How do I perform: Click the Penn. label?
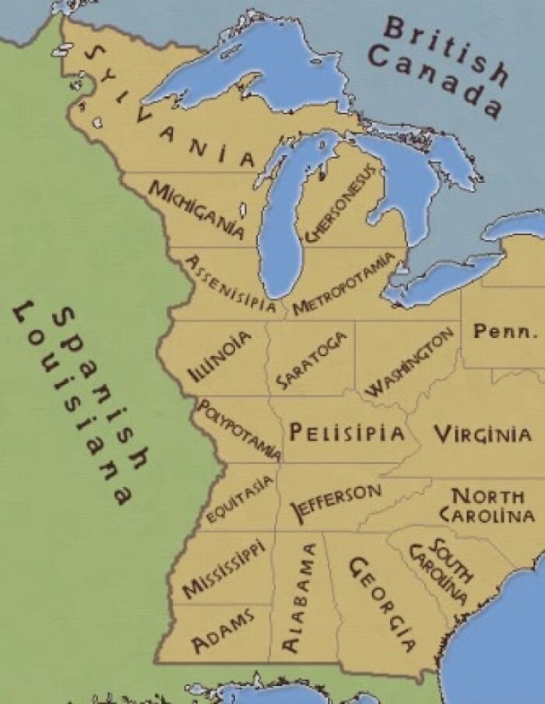click(x=505, y=331)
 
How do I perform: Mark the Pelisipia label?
click(x=346, y=433)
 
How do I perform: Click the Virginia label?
click(x=483, y=434)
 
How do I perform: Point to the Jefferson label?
click(x=336, y=500)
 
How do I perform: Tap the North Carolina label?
click(x=487, y=505)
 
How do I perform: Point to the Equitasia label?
click(x=241, y=499)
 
